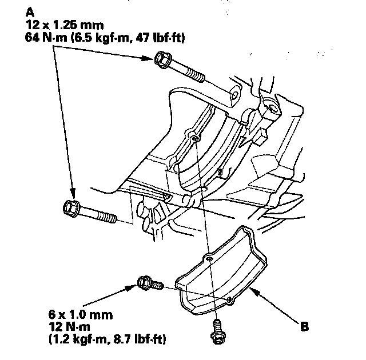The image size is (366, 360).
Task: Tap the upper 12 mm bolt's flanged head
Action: point(162,59)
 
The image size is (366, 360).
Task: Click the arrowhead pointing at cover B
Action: point(256,291)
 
